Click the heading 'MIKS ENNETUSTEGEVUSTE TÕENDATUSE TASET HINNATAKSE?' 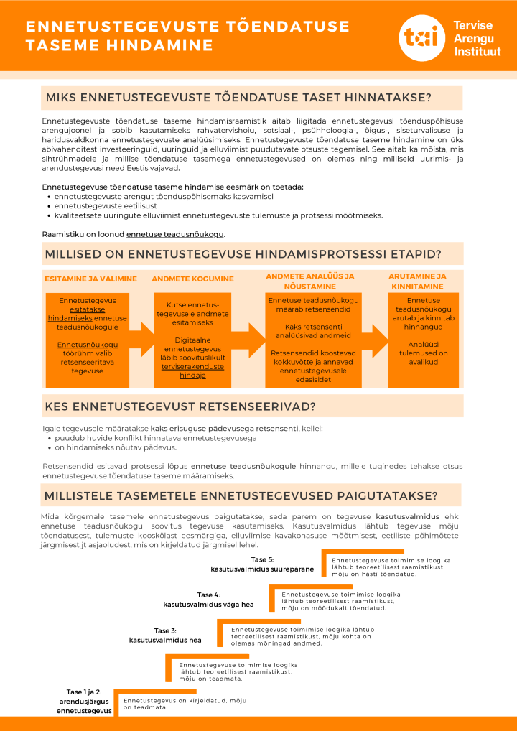point(238,98)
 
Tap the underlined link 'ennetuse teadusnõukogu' point(175,234)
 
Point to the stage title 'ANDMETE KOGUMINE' point(192,279)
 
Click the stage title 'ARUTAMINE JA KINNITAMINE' point(417,281)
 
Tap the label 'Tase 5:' point(262,559)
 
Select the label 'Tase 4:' point(209,595)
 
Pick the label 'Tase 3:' point(165,630)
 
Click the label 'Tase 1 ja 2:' point(84,692)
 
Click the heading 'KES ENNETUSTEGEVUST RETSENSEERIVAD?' point(180,406)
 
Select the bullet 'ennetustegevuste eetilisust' point(106,205)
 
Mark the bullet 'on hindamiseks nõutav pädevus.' point(116,447)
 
